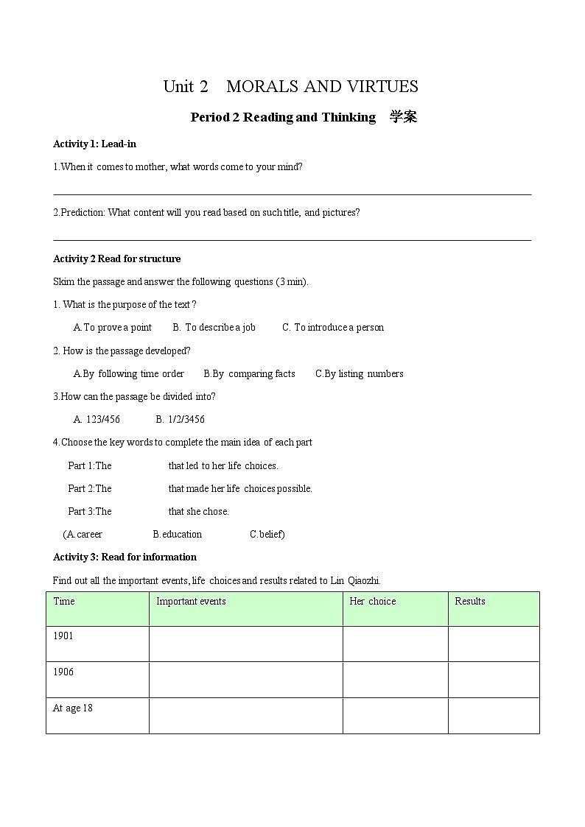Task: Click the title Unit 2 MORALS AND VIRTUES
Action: coord(290,87)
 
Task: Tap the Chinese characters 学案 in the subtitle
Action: coord(403,117)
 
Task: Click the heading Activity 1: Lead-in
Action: coord(94,144)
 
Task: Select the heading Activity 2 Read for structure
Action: coord(116,258)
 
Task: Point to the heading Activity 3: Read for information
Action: coord(125,557)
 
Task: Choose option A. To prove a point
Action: coord(113,327)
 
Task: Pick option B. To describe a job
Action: coord(214,327)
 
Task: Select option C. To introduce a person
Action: coord(333,327)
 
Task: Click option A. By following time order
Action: coord(129,373)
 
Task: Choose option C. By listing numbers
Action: coord(360,373)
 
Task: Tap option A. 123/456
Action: coord(97,419)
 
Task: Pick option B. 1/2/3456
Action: coord(181,419)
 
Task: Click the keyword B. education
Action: coord(178,534)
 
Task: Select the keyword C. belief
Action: coord(267,534)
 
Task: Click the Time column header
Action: coord(64,601)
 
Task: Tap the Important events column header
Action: coord(191,601)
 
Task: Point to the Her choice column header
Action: coord(372,601)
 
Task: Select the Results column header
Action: coord(470,601)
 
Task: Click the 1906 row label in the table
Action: coord(63,672)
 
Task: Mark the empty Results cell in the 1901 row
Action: coord(494,644)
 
